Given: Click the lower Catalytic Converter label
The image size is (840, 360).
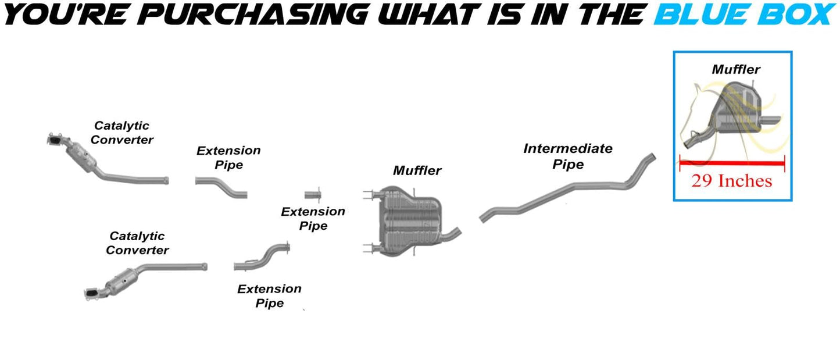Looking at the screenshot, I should pyautogui.click(x=137, y=243).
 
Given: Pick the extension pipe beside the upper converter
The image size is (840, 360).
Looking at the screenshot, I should pyautogui.click(x=221, y=187).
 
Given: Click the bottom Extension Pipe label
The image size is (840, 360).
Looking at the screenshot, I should pyautogui.click(x=269, y=295).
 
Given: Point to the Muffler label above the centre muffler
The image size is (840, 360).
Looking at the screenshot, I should pyautogui.click(x=417, y=170).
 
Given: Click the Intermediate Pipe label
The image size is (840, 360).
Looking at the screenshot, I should pyautogui.click(x=567, y=156).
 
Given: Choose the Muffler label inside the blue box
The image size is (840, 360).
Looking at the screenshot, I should pyautogui.click(x=735, y=70).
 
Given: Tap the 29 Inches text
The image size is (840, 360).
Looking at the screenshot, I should pyautogui.click(x=732, y=180).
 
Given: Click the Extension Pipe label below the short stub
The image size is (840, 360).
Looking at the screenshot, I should pyautogui.click(x=313, y=218).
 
